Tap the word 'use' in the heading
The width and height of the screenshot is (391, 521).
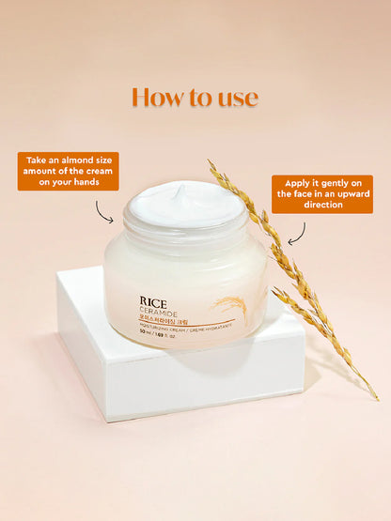[236, 98]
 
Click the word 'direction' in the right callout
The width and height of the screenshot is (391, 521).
[322, 205]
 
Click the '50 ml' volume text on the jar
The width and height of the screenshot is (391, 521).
[148, 344]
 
